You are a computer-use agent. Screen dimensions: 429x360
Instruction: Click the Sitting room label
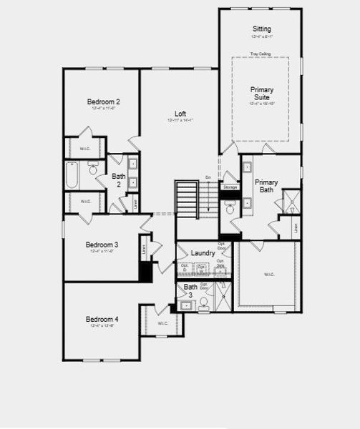(x=261, y=29)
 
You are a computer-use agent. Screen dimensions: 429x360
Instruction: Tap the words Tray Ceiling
(x=261, y=52)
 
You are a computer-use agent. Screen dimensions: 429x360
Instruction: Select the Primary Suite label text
(x=261, y=94)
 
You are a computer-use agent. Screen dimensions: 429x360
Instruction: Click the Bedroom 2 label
(x=103, y=102)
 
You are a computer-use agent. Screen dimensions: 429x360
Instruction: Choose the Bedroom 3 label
(x=102, y=245)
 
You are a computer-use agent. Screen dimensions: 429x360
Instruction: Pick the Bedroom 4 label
(x=102, y=319)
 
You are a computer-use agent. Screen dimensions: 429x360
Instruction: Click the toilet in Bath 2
(x=94, y=168)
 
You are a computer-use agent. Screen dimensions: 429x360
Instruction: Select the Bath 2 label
(x=119, y=179)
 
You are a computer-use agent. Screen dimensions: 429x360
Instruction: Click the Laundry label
(x=203, y=253)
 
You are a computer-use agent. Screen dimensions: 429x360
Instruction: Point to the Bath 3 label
(x=190, y=290)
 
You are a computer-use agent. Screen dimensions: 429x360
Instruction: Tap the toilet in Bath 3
(x=203, y=302)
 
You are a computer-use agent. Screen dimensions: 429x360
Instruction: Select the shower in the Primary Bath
(x=290, y=202)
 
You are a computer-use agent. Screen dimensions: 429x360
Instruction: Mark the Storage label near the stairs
(x=230, y=187)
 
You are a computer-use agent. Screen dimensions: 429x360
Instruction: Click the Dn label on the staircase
(x=208, y=177)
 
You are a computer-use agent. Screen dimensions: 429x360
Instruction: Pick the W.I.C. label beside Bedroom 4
(x=162, y=323)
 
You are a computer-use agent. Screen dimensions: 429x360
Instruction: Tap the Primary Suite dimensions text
(x=261, y=104)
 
